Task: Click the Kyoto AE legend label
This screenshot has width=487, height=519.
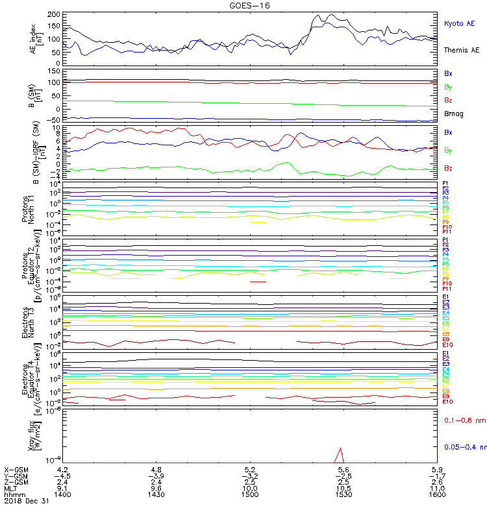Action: [460, 23]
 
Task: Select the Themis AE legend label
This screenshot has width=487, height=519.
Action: [460, 50]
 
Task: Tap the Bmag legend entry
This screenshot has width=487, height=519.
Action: [454, 114]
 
